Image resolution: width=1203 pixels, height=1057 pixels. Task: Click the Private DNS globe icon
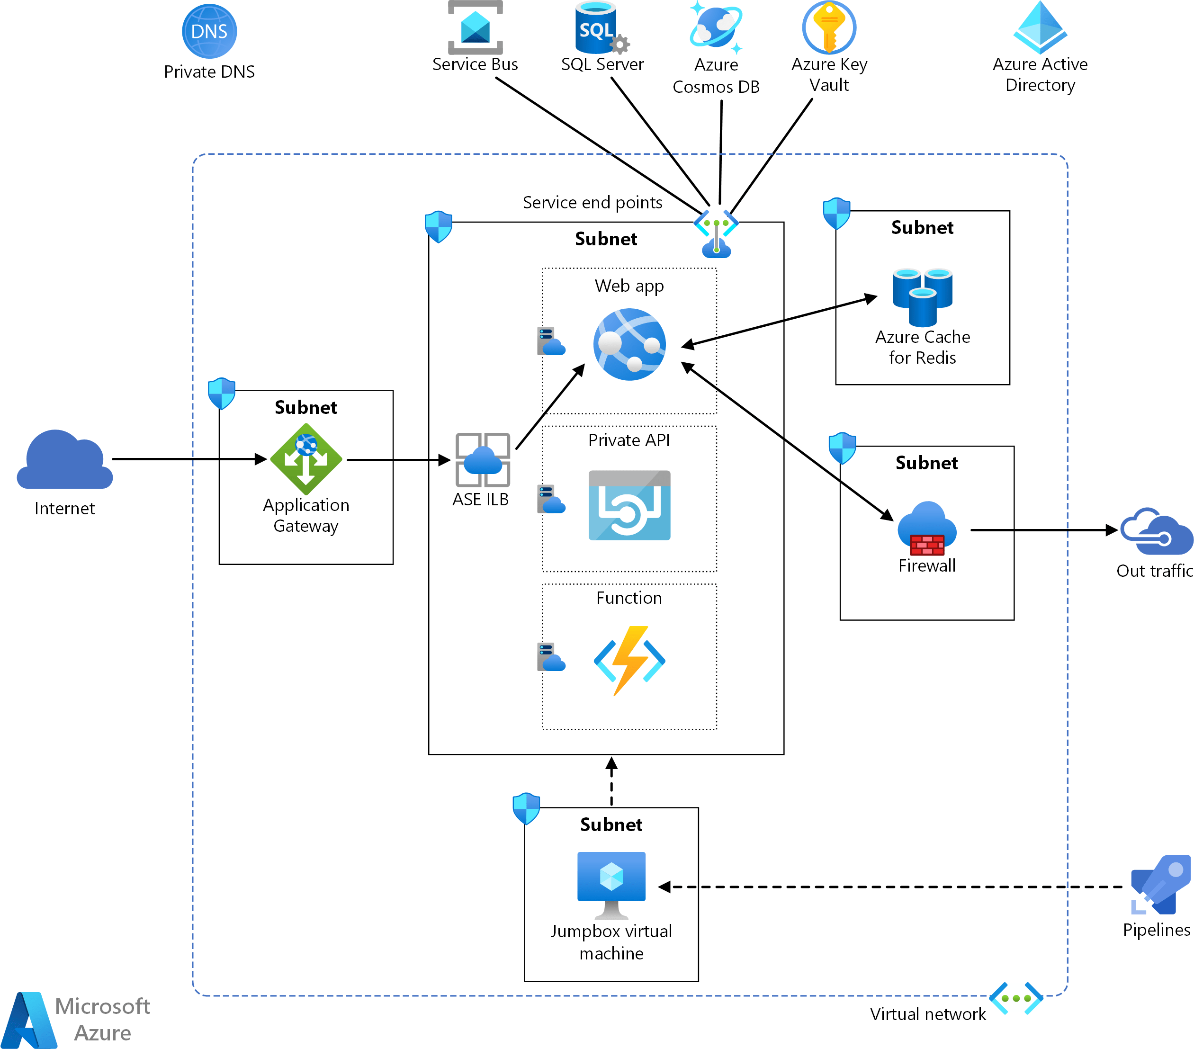click(x=209, y=31)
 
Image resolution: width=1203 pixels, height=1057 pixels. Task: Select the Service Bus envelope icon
click(x=475, y=27)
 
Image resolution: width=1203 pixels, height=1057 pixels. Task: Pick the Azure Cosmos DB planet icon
click(x=716, y=27)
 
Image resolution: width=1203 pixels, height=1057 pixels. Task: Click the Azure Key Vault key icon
click(x=829, y=27)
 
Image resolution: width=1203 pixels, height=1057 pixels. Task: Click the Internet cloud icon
click(x=65, y=460)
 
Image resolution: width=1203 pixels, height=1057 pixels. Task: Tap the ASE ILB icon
click(x=483, y=460)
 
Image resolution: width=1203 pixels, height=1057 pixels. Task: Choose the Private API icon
click(x=629, y=505)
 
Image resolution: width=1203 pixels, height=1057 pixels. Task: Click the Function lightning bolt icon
click(x=629, y=660)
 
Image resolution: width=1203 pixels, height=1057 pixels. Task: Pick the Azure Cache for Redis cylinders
click(x=922, y=297)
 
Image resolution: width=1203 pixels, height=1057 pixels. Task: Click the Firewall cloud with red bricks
click(x=927, y=528)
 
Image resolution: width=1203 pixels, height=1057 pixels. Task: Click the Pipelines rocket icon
click(x=1160, y=885)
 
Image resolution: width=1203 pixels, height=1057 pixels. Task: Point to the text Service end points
click(x=592, y=203)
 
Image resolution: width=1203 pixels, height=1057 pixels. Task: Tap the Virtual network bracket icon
click(x=1016, y=998)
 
